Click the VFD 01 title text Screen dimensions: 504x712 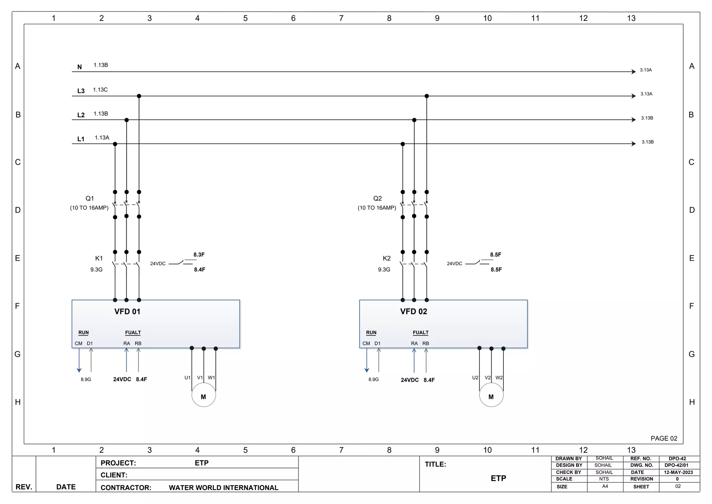(x=127, y=312)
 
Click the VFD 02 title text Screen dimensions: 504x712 (x=413, y=312)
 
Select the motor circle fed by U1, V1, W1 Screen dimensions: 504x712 (x=204, y=395)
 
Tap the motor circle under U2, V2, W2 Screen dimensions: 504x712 (x=491, y=395)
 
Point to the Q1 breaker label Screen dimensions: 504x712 (x=90, y=198)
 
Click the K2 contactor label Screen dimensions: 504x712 (x=387, y=258)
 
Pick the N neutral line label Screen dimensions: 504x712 (x=80, y=67)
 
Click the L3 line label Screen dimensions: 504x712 (x=81, y=91)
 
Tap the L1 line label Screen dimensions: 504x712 (x=81, y=139)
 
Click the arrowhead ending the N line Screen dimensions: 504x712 (x=634, y=72)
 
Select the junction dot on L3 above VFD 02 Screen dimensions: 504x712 (x=427, y=96)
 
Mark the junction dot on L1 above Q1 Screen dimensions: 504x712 (x=115, y=144)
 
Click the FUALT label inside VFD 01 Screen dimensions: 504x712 (x=133, y=333)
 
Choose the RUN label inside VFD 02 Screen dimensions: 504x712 (x=371, y=333)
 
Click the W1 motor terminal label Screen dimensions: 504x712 (x=211, y=378)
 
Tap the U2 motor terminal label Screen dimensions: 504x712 (x=475, y=378)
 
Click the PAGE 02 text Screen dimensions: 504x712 (x=664, y=439)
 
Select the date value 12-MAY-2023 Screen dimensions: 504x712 (x=678, y=472)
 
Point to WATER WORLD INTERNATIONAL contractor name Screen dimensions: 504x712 (x=224, y=488)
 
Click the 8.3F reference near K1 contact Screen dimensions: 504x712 (x=199, y=255)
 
